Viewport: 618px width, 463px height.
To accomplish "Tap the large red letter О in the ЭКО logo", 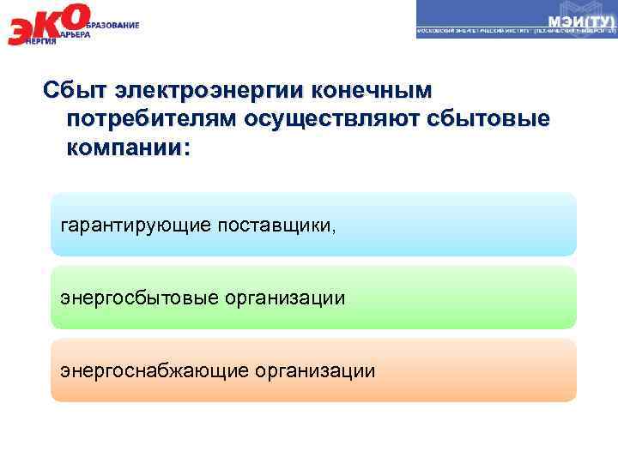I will [x=76, y=16].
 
